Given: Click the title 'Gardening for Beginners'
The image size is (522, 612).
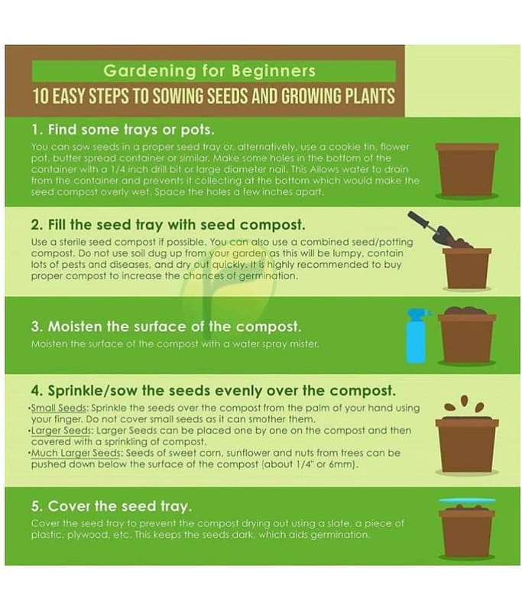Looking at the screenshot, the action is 209,70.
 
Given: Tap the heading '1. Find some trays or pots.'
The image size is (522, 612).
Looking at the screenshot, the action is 123,129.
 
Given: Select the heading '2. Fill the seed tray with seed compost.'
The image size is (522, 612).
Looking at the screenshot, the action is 168,225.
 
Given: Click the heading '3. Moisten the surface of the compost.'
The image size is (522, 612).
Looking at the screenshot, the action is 166,327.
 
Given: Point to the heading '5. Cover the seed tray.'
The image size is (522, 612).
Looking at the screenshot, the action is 112,506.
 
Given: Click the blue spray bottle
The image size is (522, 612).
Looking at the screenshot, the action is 417,336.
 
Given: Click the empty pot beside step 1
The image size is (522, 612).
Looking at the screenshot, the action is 467,169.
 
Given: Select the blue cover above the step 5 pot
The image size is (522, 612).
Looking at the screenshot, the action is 467,500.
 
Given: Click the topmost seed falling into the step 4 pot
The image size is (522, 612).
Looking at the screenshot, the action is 464,400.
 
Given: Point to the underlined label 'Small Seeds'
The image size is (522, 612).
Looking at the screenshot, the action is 59,408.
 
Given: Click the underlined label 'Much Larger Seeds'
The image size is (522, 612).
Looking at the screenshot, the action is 76,453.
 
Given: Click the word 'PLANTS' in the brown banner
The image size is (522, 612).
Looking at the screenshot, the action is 370,96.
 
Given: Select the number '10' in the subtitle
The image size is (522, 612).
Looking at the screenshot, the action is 41,96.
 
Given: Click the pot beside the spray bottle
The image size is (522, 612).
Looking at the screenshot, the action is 467,337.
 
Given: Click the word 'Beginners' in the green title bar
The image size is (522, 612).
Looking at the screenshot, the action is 274,70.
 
